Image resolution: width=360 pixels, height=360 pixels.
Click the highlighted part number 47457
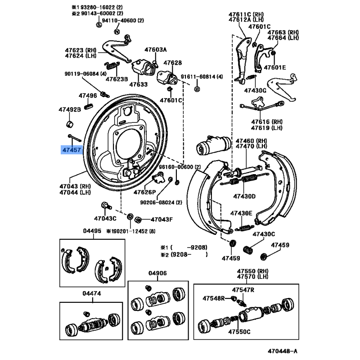72,149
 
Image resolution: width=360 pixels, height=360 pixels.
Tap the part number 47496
88,96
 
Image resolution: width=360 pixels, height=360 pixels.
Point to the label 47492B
70,109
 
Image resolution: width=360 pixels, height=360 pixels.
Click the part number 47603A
155,49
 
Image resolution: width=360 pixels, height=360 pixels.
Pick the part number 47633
138,84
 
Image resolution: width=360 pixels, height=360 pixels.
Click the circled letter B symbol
197,90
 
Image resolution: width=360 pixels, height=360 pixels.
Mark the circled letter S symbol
99,25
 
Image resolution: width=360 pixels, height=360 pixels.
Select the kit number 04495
92,231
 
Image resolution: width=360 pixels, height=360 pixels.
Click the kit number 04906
158,273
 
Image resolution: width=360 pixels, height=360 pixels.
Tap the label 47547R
243,290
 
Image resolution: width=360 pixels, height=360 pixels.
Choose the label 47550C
238,332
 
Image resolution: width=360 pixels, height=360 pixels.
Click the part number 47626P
144,192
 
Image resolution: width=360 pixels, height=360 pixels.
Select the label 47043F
161,220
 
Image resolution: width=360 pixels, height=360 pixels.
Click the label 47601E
274,67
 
